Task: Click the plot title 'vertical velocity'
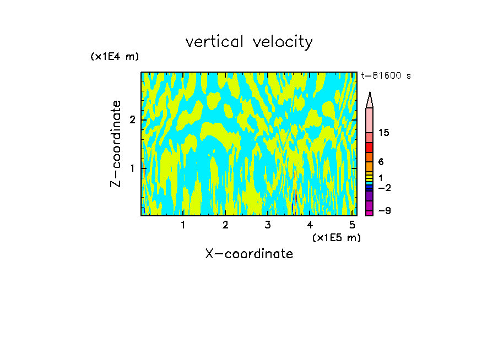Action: pyautogui.click(x=249, y=42)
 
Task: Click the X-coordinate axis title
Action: pyautogui.click(x=249, y=254)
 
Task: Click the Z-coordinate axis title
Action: pyautogui.click(x=116, y=144)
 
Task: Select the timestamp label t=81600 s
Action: pyautogui.click(x=386, y=76)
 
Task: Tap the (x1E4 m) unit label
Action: pyautogui.click(x=115, y=57)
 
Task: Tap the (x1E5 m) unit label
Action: pyautogui.click(x=336, y=237)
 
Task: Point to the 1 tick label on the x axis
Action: pyautogui.click(x=183, y=225)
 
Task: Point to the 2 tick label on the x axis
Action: pyautogui.click(x=225, y=225)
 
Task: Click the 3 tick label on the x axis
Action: pyautogui.click(x=268, y=225)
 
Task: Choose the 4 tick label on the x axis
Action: pyautogui.click(x=310, y=225)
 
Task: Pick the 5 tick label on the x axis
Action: pyautogui.click(x=352, y=225)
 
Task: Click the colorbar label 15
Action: pyautogui.click(x=384, y=133)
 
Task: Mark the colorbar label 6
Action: pyautogui.click(x=381, y=162)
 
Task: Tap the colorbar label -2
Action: pyautogui.click(x=384, y=188)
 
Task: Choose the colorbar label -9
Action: pyautogui.click(x=384, y=211)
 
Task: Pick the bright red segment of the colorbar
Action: pyautogui.click(x=370, y=148)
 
